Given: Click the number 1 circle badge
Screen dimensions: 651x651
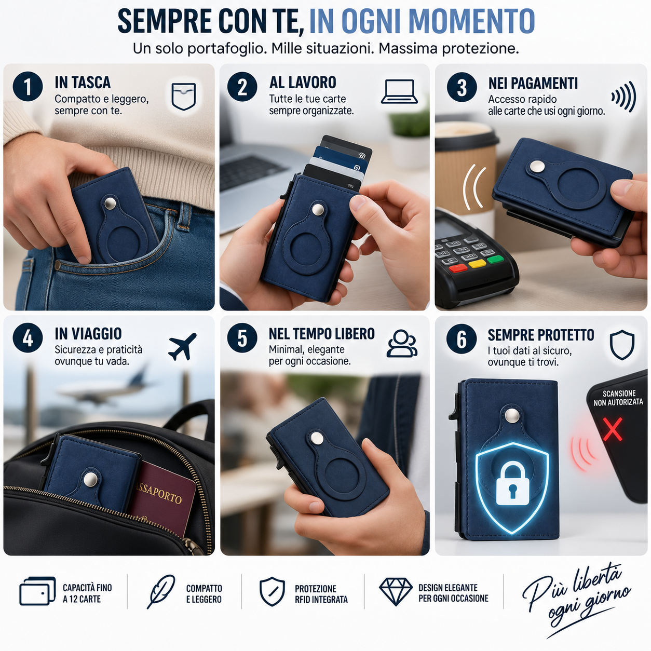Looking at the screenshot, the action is (28, 87).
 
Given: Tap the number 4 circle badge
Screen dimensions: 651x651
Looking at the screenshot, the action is (28, 338).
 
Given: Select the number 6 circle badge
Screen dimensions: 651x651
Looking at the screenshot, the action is (462, 339).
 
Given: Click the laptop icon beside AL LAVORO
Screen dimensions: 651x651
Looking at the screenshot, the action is (399, 91).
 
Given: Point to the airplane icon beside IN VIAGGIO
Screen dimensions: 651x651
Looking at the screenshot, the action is (182, 346).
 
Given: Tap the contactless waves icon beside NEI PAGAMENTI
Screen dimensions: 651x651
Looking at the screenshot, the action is (623, 97).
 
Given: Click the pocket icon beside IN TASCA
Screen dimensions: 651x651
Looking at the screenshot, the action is (184, 96).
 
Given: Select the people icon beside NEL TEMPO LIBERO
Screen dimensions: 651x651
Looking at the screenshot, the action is (402, 343).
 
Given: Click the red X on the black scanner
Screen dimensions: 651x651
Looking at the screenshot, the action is (613, 429).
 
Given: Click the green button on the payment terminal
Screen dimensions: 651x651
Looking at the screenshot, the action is (495, 260).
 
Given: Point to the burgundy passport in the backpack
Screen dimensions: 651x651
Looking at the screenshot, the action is (163, 499).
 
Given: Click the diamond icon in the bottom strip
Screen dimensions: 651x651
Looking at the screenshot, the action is (396, 591).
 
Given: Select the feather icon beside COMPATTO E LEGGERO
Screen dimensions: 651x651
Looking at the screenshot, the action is (161, 591).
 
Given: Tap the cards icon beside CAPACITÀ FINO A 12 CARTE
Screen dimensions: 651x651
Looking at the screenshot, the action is (37, 591).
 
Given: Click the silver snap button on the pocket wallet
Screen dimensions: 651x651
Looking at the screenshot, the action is (110, 204).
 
